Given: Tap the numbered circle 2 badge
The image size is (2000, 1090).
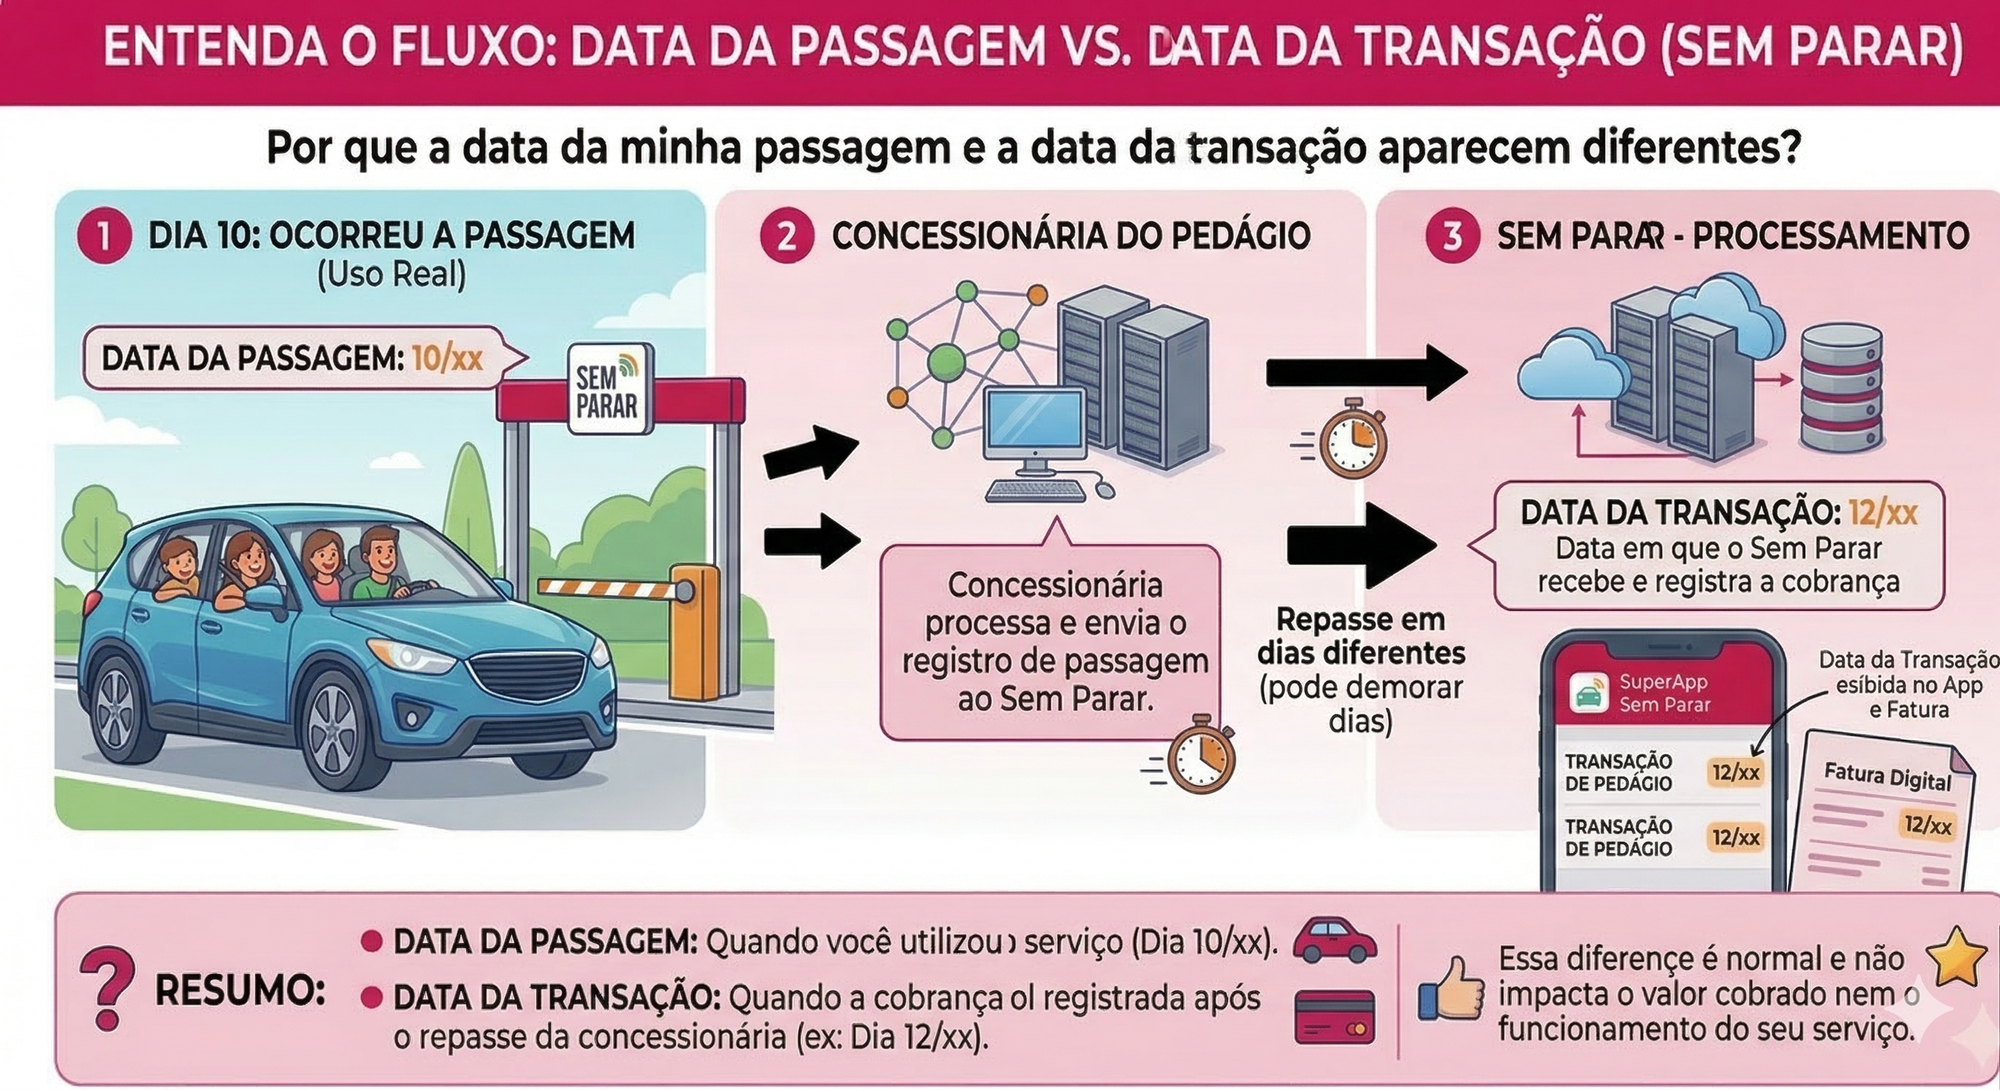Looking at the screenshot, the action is (x=786, y=237).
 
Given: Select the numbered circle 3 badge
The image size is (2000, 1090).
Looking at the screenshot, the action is (x=1453, y=237).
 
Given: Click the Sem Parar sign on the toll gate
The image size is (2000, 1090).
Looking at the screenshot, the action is (x=609, y=389).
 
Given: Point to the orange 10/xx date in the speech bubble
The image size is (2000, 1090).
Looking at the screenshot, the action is (x=447, y=359).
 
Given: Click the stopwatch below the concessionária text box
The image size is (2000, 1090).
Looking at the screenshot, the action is (x=1200, y=754).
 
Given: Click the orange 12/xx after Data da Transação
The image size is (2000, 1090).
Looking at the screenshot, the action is (x=1883, y=513).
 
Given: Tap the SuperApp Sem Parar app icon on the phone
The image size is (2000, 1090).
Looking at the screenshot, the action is (x=1588, y=693).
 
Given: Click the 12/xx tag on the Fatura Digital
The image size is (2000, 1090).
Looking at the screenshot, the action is (x=1927, y=825).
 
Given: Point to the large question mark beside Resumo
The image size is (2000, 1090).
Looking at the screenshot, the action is (x=107, y=988).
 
